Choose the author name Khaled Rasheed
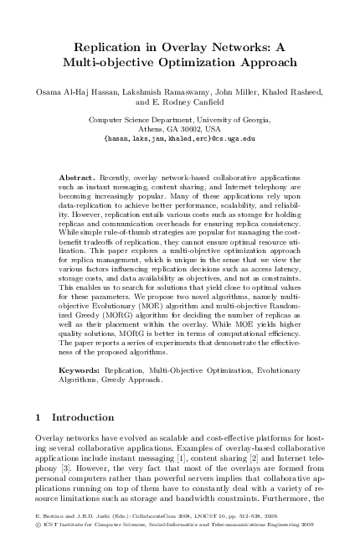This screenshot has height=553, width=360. (x=295, y=91)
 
